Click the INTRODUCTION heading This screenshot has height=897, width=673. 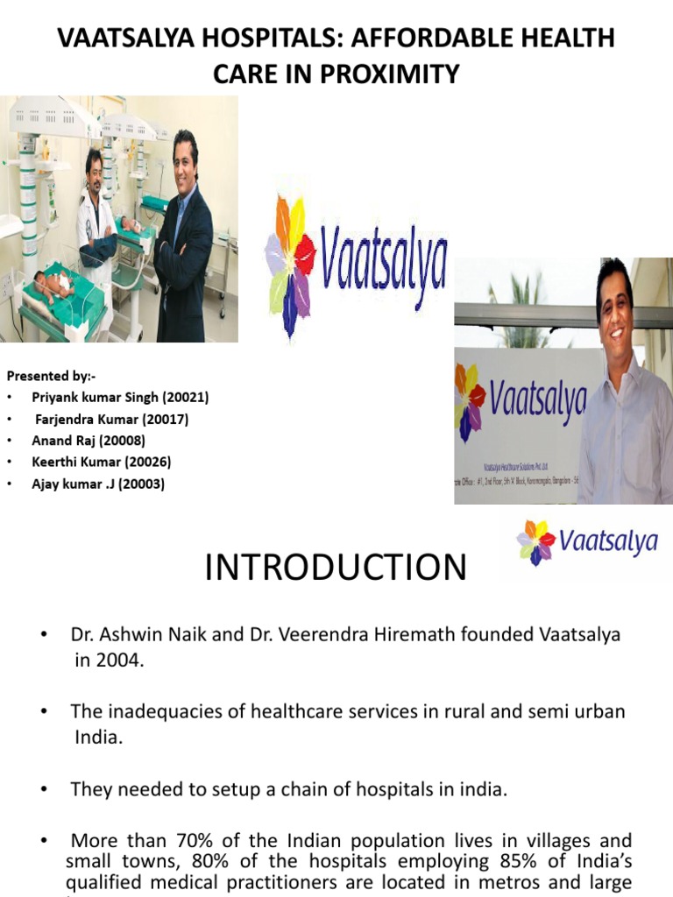coord(336,568)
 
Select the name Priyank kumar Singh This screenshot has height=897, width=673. coord(92,397)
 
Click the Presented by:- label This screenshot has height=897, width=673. coord(52,376)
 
